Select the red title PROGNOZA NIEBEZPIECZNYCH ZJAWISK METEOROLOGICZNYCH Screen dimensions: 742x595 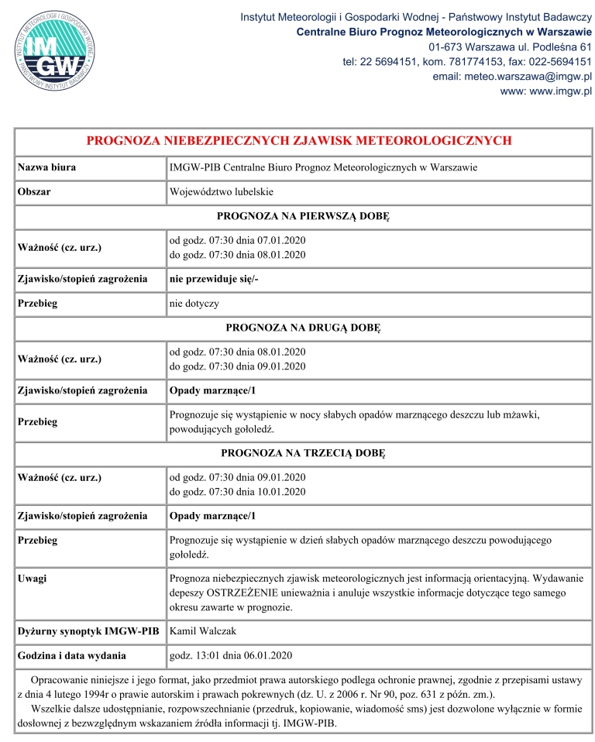click(299, 141)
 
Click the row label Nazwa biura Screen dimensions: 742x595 click(46, 167)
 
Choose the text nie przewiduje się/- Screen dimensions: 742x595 click(213, 279)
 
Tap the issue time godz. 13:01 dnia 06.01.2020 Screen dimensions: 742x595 click(230, 656)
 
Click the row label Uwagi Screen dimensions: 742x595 click(33, 578)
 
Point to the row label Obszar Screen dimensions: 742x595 click(35, 191)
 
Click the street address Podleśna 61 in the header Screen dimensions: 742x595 click(562, 47)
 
